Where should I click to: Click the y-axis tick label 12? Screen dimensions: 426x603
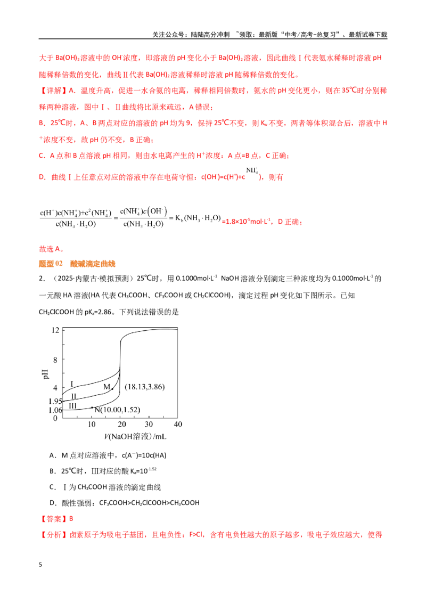[x=55, y=330]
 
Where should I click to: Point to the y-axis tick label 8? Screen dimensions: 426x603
[x=55, y=360]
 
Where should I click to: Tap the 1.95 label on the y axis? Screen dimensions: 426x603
[x=55, y=402]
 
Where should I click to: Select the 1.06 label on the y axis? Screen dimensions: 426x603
[x=55, y=410]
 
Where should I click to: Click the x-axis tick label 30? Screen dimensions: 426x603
[x=149, y=424]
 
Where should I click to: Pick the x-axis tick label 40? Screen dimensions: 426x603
[x=178, y=424]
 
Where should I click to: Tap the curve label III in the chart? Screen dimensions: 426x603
[x=72, y=406]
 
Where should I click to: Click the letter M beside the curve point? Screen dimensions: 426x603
[x=107, y=387]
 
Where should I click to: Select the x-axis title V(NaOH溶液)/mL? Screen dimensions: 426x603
[x=135, y=436]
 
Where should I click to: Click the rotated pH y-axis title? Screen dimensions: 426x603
[x=46, y=374]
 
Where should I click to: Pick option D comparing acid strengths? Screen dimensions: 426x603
[x=125, y=503]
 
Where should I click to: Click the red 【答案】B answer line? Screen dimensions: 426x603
[x=56, y=519]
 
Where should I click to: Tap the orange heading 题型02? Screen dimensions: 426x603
[x=51, y=264]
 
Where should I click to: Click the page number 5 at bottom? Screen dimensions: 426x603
[x=40, y=565]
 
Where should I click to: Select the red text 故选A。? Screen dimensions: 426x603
[x=52, y=249]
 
